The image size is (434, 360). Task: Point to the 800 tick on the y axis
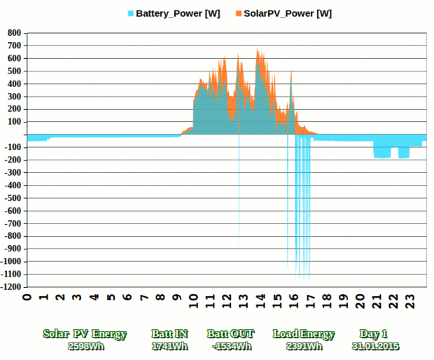click(14, 33)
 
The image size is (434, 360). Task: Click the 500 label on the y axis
click(14, 71)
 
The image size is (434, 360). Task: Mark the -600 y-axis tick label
click(13, 211)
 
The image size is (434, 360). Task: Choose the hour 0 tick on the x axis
click(27, 297)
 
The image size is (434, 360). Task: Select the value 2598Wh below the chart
click(85, 346)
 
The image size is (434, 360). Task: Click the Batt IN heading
click(169, 334)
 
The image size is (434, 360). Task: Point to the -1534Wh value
click(230, 346)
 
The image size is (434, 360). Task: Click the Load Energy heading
click(304, 334)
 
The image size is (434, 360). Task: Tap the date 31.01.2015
click(376, 346)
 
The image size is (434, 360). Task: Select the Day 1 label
click(373, 334)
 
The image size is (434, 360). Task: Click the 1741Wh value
click(169, 346)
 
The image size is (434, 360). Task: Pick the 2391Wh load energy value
click(304, 346)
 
